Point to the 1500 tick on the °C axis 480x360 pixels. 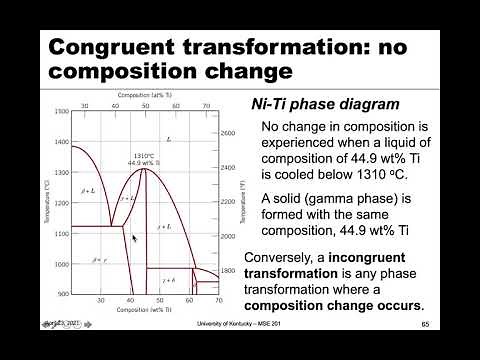tap(62, 111)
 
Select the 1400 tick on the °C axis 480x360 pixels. tap(62, 142)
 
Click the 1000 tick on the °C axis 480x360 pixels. tap(62, 264)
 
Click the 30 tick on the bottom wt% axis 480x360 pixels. tap(100, 301)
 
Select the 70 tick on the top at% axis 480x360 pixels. tap(205, 103)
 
